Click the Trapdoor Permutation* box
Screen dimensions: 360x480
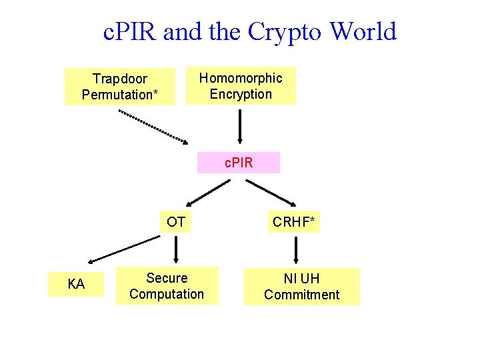click(120, 87)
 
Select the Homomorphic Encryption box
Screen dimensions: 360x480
click(241, 86)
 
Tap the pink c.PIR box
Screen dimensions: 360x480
click(239, 163)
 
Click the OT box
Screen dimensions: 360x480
click(176, 222)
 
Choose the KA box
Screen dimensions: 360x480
click(77, 285)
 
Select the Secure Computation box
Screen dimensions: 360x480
click(167, 286)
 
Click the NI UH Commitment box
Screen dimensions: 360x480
click(301, 287)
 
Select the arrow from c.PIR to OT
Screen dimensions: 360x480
click(209, 192)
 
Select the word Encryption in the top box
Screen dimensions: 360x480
click(241, 94)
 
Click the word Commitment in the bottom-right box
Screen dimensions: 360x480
click(301, 295)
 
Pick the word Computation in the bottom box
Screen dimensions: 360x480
click(167, 294)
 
